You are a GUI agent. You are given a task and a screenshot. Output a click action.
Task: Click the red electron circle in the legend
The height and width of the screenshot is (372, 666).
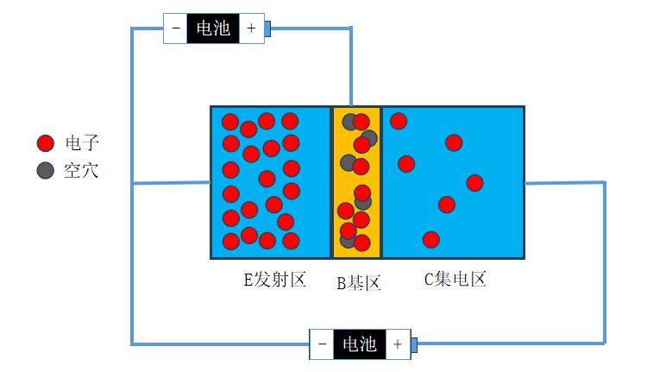tap(46, 143)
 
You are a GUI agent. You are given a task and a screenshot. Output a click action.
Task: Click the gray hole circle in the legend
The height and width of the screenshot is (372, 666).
tap(46, 170)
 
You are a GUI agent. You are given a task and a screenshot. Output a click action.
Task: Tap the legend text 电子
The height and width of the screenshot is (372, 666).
tap(82, 143)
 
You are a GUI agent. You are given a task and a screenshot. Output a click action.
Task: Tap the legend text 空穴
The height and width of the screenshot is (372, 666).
tap(82, 170)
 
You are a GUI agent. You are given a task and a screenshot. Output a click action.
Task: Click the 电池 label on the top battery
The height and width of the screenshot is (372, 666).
tap(213, 28)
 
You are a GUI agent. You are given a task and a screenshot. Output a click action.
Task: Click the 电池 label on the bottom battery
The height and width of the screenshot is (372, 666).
tap(359, 344)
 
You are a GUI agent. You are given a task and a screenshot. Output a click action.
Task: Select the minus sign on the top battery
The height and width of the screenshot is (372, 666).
tap(176, 28)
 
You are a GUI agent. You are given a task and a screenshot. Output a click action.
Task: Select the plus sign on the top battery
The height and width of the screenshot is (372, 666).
tap(251, 28)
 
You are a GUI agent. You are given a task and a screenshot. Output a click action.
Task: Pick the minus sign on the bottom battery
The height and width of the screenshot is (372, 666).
tap(322, 344)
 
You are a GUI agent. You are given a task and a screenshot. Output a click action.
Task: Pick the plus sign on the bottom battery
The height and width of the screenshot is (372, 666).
tap(398, 344)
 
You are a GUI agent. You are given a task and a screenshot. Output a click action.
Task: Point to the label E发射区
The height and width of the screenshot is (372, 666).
tap(274, 281)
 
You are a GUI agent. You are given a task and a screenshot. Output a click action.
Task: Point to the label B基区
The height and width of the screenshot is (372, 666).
tap(358, 282)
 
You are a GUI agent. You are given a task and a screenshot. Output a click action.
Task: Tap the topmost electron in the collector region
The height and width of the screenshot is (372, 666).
tap(399, 121)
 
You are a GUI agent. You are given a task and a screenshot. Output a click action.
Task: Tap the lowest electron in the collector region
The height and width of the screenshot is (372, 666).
tap(431, 239)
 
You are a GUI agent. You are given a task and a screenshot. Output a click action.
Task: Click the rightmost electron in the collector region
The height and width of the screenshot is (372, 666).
tap(474, 183)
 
